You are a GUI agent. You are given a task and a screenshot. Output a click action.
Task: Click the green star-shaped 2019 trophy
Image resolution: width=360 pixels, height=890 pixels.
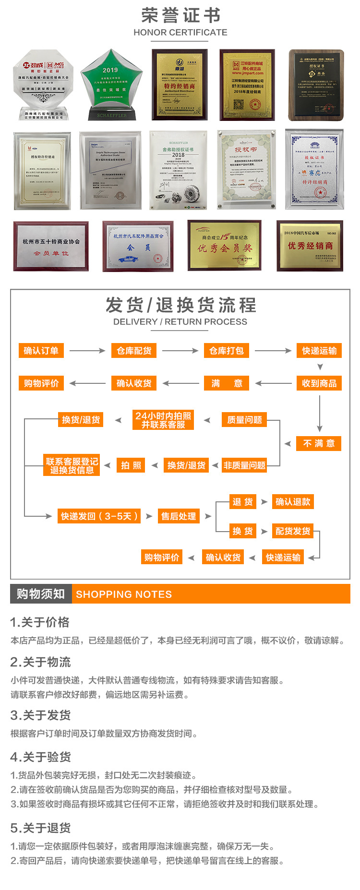click(111, 84)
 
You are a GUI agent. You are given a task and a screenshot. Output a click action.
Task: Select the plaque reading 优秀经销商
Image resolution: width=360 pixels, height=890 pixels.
click(310, 246)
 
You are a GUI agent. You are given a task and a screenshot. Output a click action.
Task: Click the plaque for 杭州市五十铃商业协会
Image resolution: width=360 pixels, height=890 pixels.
click(51, 246)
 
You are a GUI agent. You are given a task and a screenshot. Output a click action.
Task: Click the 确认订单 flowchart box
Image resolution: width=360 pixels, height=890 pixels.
click(41, 351)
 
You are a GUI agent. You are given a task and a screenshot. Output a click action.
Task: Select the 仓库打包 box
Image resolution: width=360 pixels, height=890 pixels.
click(227, 351)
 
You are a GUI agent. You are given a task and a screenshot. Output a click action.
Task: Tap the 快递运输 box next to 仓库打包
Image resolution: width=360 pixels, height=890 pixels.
click(319, 351)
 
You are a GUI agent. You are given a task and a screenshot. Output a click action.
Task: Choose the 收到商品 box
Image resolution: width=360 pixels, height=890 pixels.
click(319, 383)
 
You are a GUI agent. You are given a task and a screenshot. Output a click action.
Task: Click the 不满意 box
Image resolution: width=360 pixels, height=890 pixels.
click(319, 443)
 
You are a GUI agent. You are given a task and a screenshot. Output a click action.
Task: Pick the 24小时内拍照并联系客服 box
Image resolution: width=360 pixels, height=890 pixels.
click(163, 420)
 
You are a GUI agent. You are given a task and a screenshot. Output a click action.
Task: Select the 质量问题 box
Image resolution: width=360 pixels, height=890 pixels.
click(244, 420)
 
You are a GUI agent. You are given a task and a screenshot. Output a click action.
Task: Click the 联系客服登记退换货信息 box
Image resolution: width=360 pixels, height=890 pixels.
click(72, 465)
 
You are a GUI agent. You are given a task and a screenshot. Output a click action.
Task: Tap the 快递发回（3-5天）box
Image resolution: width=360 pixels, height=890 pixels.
click(99, 516)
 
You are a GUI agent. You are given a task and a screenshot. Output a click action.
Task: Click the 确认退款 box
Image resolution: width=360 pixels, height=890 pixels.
click(293, 502)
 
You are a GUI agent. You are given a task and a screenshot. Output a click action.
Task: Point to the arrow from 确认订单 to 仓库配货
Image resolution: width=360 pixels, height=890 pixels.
click(87, 351)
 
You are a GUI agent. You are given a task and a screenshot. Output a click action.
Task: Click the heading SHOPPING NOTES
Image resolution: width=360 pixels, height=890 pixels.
click(124, 594)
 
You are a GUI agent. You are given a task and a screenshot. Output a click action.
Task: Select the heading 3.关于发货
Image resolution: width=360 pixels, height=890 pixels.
click(40, 715)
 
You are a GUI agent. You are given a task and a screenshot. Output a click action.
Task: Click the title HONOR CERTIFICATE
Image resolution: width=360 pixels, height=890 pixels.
click(180, 33)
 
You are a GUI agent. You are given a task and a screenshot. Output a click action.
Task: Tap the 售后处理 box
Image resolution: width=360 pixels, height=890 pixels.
click(179, 516)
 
